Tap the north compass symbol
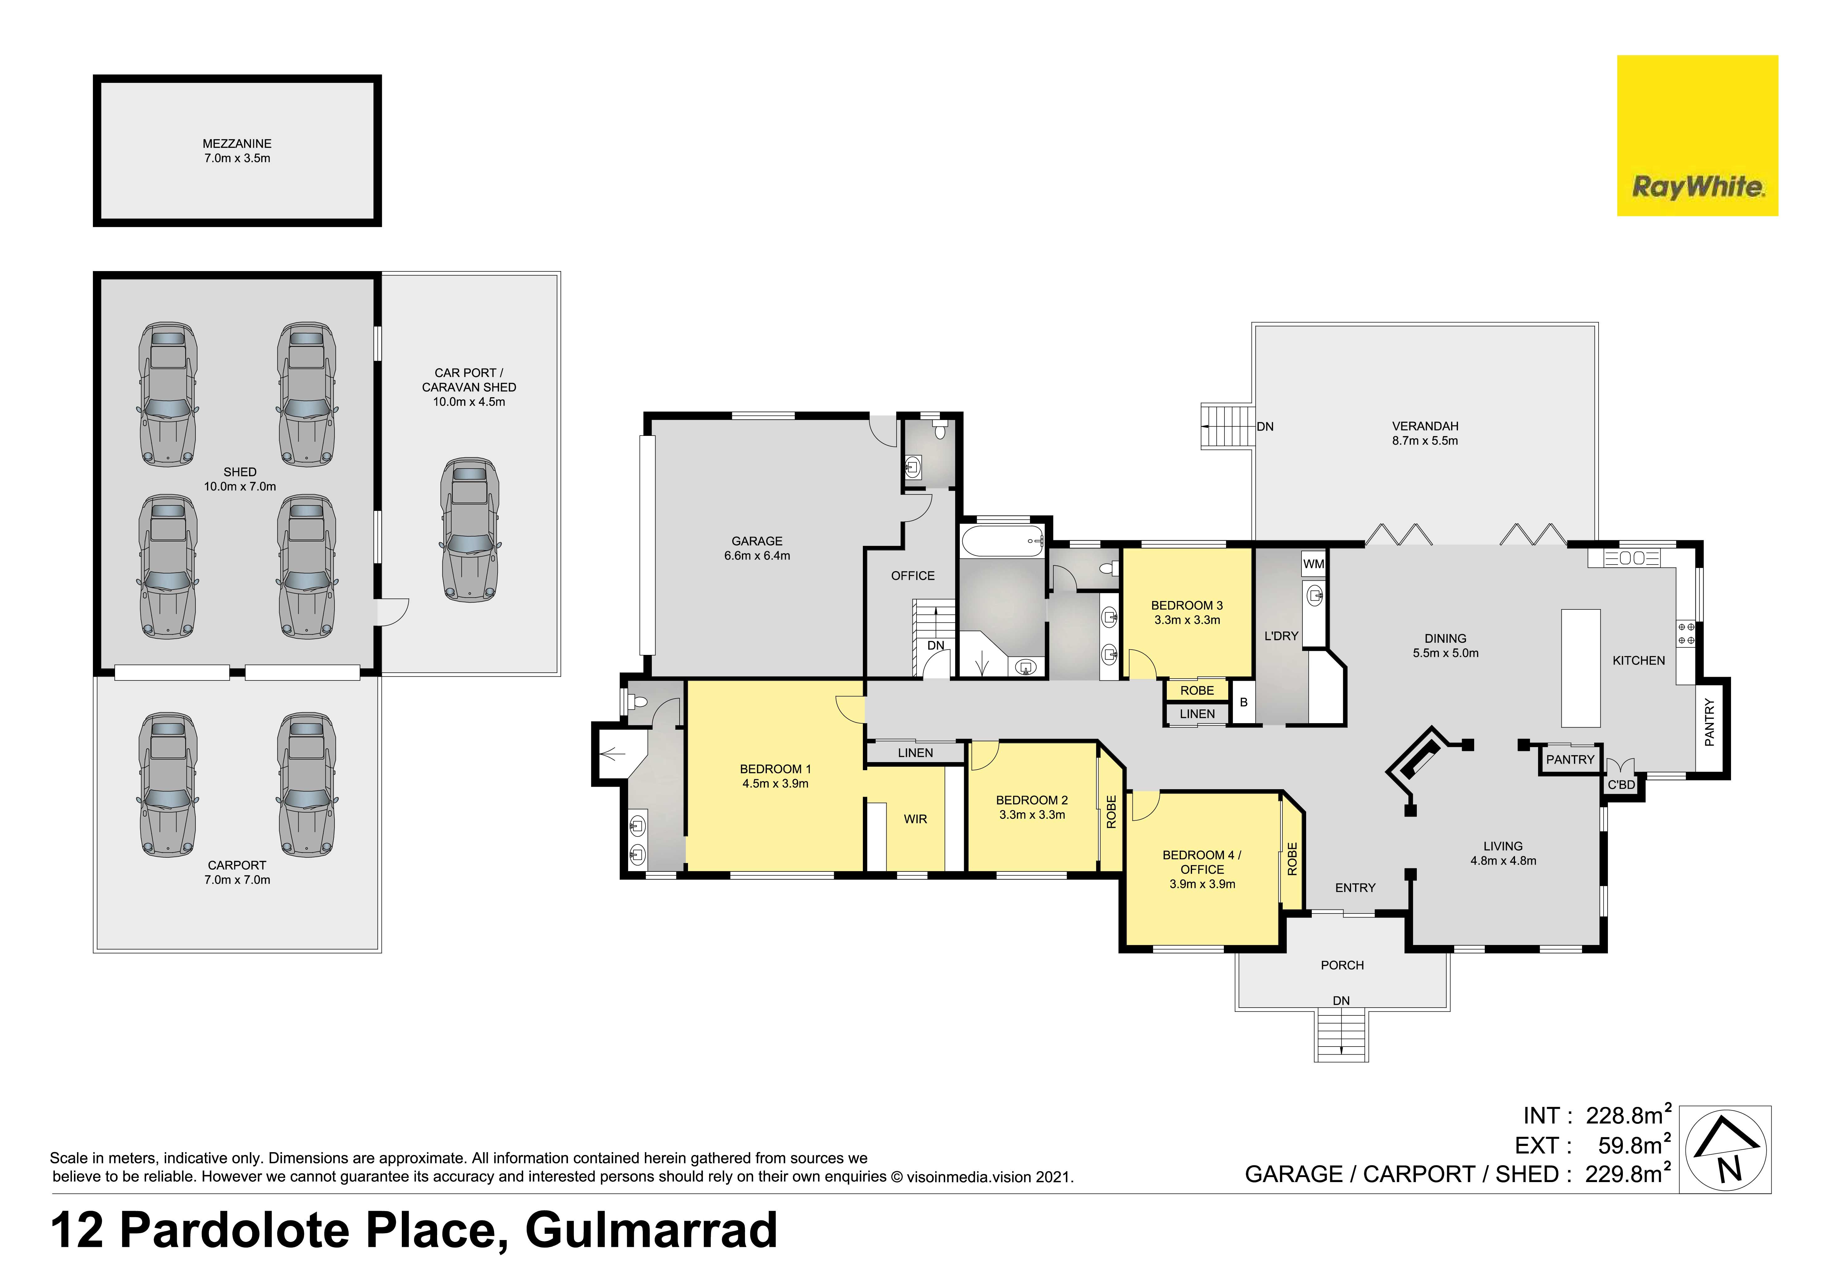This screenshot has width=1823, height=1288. coord(1724,1149)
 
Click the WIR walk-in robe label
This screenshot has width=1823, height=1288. coord(916,819)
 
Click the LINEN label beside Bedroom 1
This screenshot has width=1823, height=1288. coord(916,752)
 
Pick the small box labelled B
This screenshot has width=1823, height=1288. coord(1243,702)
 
